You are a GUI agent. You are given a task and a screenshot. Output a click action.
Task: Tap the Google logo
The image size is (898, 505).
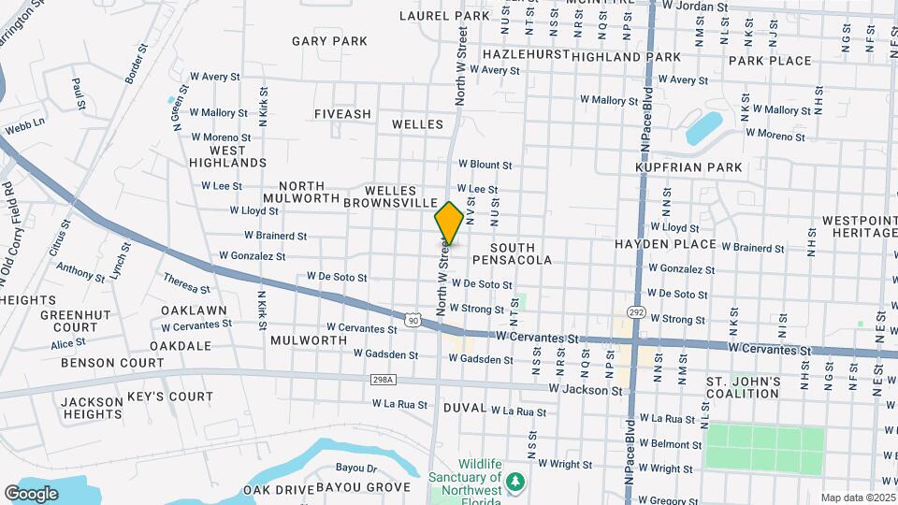click(x=31, y=493)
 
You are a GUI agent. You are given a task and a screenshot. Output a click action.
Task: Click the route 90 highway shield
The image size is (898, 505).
click(x=413, y=321)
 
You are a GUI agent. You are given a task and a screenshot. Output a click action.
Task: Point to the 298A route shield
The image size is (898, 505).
click(x=383, y=380)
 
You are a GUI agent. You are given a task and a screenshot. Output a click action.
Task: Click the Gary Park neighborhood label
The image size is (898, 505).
click(x=329, y=41)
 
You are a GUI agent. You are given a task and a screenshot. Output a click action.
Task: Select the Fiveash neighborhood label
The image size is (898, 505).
click(x=342, y=114)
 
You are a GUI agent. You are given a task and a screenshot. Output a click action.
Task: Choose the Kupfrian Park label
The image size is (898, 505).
click(x=688, y=167)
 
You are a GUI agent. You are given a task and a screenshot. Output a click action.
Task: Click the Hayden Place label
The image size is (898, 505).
click(x=665, y=244)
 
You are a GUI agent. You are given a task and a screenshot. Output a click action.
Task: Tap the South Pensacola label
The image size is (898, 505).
click(x=512, y=253)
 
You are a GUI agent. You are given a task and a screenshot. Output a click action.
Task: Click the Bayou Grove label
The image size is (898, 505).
click(x=363, y=487)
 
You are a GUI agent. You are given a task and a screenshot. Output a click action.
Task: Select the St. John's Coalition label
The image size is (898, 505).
click(x=744, y=387)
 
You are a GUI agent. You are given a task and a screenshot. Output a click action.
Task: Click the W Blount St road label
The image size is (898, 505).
click(x=484, y=165)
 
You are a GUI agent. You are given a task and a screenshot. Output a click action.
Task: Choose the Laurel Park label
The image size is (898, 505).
click(x=444, y=16)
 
